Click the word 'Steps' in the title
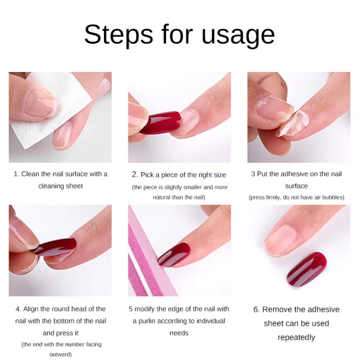118,34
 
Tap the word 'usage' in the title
238,37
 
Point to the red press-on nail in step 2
160,122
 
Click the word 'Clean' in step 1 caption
30,174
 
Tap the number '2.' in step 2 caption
135,175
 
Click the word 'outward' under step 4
60,354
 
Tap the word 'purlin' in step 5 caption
148,321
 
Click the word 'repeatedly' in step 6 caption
296,338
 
